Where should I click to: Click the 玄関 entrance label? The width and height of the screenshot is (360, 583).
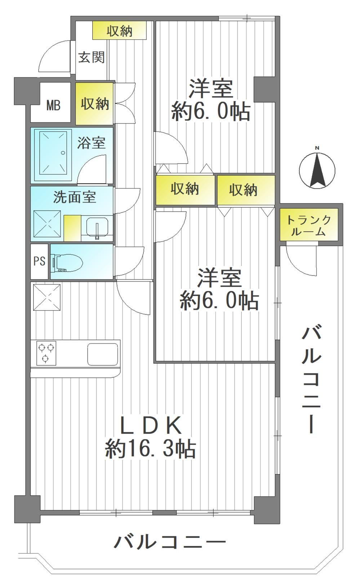click(x=92, y=57)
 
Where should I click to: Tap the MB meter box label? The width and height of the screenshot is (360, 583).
click(x=53, y=106)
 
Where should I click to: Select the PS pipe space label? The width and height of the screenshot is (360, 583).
click(x=39, y=261)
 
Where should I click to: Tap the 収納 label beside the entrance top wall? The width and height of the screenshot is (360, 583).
click(x=120, y=31)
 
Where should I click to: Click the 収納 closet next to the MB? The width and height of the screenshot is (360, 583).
click(x=94, y=103)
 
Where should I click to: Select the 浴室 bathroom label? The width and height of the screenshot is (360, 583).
click(x=91, y=143)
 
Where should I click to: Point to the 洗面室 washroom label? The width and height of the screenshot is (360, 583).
click(x=75, y=197)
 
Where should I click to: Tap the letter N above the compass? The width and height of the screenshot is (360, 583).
click(x=317, y=148)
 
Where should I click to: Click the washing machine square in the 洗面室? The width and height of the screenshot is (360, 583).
click(x=47, y=224)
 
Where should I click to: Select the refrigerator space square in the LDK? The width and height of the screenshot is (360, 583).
click(x=47, y=297)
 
